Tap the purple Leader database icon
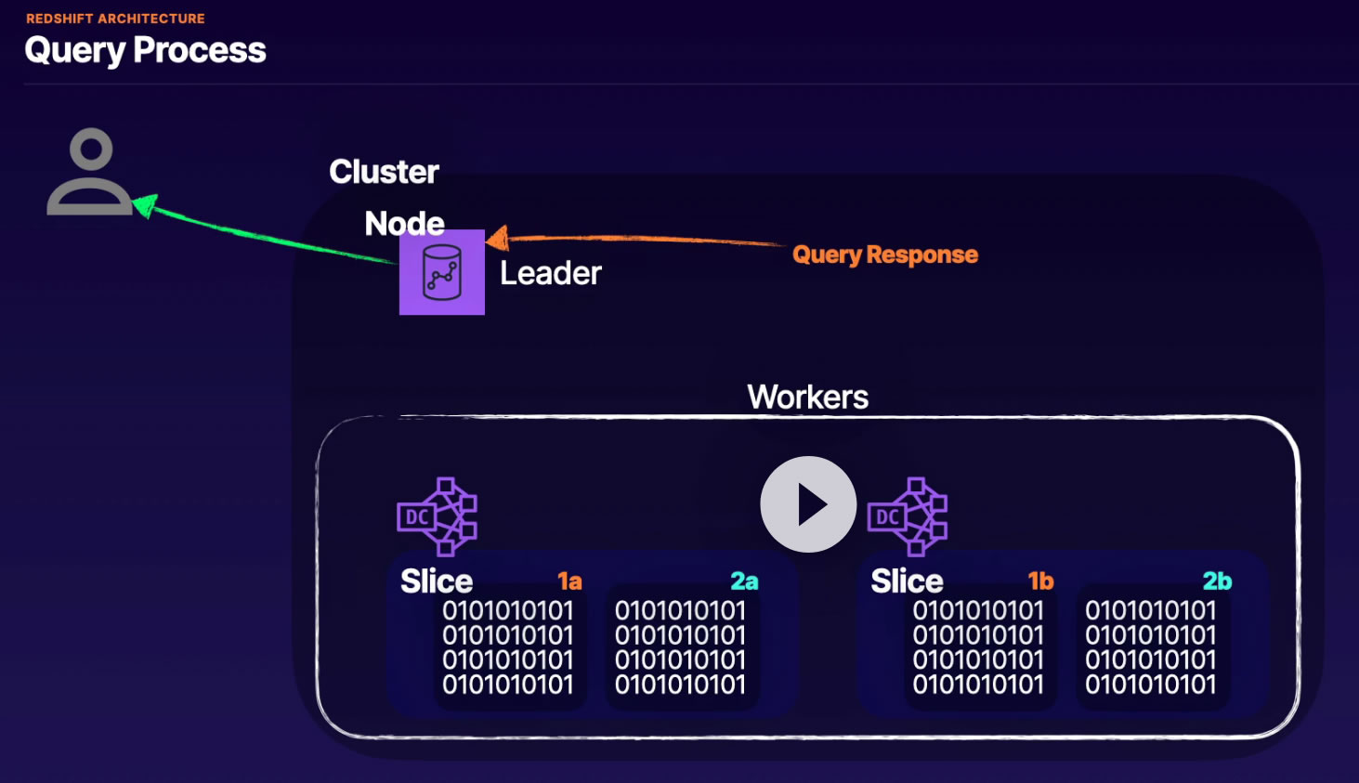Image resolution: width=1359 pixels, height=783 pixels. (442, 272)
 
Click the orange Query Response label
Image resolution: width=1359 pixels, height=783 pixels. (884, 254)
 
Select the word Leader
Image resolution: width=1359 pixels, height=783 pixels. (551, 273)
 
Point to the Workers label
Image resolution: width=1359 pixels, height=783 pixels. (807, 398)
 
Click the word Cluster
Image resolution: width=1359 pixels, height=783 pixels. (384, 172)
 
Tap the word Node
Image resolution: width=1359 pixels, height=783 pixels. (404, 224)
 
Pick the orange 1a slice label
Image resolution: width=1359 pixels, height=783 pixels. (569, 581)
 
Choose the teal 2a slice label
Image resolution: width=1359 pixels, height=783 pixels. (744, 581)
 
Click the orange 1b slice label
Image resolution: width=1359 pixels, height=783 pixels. (1040, 581)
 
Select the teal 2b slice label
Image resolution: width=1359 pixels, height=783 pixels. (1217, 581)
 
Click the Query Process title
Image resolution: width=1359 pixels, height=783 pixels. (145, 50)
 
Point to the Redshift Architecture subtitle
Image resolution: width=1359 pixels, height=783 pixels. (115, 19)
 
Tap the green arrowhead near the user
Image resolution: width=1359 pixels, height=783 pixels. (144, 204)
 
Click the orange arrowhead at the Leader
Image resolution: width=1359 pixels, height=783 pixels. (498, 239)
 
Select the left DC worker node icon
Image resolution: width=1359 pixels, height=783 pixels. (437, 516)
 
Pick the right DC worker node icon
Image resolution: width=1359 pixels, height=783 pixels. (908, 516)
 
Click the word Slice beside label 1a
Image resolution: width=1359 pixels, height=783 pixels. (437, 581)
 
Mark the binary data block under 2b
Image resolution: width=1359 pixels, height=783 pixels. (1150, 647)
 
